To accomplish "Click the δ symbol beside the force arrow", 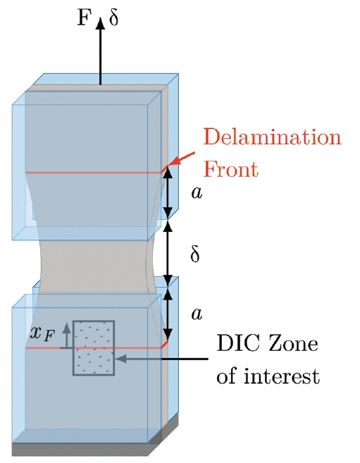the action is click(113, 17).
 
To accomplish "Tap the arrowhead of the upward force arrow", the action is click(100, 23).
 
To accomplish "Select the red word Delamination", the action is click(272, 137).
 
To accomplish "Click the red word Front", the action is click(231, 169).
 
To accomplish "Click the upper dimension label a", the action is click(197, 193).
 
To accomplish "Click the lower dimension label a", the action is click(197, 314).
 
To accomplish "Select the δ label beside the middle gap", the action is click(194, 254).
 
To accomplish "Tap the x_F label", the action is click(42, 334).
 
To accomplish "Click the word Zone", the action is click(292, 344).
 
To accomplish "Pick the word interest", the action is click(282, 376).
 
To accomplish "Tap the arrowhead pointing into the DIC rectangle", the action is click(121, 359).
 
